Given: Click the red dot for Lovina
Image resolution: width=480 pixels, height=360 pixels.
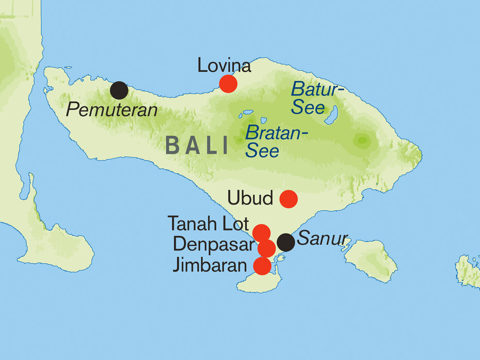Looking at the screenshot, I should [x=228, y=84].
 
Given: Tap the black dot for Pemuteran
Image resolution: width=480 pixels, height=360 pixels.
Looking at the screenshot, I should [x=119, y=90].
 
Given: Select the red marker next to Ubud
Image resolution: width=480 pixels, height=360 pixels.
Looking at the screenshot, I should [x=288, y=198].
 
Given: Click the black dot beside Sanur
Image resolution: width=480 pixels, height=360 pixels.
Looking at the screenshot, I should [x=286, y=242].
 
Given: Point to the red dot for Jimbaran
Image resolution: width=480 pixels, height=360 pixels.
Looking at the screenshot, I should [x=262, y=266].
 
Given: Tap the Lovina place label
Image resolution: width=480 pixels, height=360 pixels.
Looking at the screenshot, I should [x=224, y=66].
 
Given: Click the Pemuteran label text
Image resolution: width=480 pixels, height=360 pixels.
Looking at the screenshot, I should [x=112, y=109].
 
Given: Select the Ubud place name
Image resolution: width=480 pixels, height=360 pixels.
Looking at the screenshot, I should [x=250, y=198].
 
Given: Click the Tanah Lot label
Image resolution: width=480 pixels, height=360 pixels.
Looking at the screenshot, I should [x=209, y=224].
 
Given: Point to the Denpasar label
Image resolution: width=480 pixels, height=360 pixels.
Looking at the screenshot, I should [x=214, y=244].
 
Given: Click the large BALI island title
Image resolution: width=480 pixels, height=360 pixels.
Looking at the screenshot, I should [x=197, y=146].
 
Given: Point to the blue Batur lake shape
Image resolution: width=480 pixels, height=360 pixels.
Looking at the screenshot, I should [x=331, y=115].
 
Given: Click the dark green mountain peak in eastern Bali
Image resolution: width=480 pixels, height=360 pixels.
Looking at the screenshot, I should [x=362, y=139].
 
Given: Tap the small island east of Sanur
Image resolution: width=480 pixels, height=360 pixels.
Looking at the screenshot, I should [x=372, y=260].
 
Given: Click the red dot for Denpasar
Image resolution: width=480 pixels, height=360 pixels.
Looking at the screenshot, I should [x=266, y=249].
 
